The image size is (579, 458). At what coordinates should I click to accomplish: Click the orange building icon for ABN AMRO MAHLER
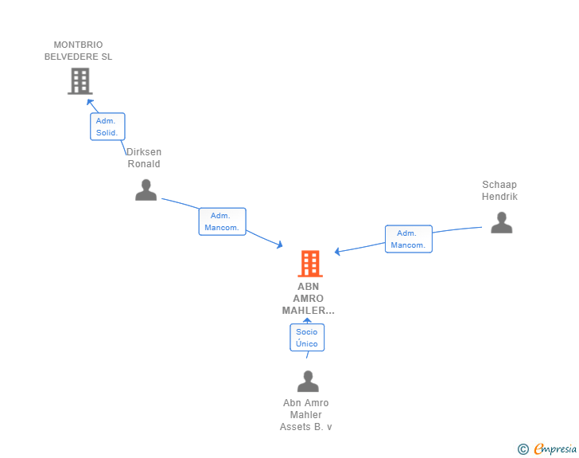pyautogui.click(x=310, y=264)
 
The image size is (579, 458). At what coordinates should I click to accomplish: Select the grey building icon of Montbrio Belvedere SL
pyautogui.click(x=80, y=81)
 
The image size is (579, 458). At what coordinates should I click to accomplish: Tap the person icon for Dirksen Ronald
pyautogui.click(x=146, y=190)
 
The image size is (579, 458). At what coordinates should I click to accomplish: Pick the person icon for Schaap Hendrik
pyautogui.click(x=501, y=222)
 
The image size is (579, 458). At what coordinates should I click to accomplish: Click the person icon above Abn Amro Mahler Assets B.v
pyautogui.click(x=308, y=381)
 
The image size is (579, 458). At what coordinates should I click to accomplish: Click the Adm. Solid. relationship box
pyautogui.click(x=107, y=127)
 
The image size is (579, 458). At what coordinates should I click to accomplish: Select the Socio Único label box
pyautogui.click(x=307, y=338)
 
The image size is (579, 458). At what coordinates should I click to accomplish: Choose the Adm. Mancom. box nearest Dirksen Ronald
pyautogui.click(x=223, y=221)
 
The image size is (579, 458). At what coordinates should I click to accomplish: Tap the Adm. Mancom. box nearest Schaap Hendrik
pyautogui.click(x=409, y=239)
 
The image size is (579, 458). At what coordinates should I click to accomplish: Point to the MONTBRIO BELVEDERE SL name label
pyautogui.click(x=78, y=51)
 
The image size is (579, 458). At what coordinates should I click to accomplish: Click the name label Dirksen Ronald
pyautogui.click(x=144, y=158)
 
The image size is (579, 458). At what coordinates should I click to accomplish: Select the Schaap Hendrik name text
pyautogui.click(x=499, y=190)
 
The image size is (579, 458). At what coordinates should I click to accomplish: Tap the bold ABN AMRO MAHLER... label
pyautogui.click(x=309, y=299)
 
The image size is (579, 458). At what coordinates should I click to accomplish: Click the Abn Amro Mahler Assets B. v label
pyautogui.click(x=305, y=415)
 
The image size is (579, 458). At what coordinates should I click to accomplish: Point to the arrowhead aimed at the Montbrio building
pyautogui.click(x=90, y=102)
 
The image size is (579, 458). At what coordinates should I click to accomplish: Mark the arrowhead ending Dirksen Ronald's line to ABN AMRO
pyautogui.click(x=279, y=245)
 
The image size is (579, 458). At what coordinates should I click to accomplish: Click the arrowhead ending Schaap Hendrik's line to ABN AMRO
pyautogui.click(x=337, y=252)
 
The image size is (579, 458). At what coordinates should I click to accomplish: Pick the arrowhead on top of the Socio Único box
pyautogui.click(x=307, y=320)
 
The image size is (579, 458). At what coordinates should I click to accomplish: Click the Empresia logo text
pyautogui.click(x=555, y=448)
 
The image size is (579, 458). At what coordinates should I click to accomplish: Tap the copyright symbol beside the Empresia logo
pyautogui.click(x=523, y=449)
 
